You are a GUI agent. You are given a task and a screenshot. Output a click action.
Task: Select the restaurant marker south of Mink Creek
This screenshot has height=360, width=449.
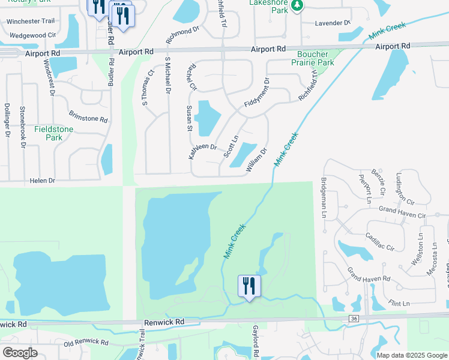249,287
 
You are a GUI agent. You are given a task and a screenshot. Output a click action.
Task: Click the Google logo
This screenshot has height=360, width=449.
20,353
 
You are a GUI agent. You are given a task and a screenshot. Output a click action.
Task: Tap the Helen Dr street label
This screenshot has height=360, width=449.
43,181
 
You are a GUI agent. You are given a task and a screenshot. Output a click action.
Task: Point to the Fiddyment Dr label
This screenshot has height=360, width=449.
257,94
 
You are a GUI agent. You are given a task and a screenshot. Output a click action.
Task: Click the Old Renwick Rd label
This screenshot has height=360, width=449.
86,343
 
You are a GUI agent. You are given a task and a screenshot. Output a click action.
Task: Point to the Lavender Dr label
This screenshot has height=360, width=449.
333,23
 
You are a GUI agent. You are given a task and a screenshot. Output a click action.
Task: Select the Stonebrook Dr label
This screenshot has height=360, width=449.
22,127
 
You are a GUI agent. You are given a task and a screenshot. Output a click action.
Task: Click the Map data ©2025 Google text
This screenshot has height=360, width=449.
411,355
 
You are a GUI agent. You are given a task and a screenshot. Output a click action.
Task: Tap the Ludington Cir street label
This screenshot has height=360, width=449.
401,189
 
